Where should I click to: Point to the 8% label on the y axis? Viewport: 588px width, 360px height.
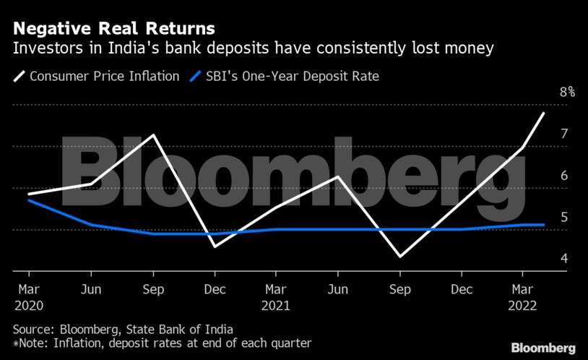tap(567, 92)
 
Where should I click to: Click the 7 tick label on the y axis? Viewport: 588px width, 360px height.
tap(564, 134)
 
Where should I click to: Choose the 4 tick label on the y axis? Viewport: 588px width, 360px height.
tap(564, 259)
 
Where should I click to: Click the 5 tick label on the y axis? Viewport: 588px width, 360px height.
tap(564, 217)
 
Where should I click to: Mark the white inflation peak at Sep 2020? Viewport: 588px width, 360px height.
tap(153, 135)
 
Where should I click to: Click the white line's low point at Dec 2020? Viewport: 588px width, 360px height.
tap(215, 247)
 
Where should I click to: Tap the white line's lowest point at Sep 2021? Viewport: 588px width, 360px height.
tap(399, 257)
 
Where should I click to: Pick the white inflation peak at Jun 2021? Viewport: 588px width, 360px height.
tap(337, 176)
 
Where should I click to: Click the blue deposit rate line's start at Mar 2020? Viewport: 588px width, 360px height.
tap(29, 200)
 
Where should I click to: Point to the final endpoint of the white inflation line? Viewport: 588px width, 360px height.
tap(543, 113)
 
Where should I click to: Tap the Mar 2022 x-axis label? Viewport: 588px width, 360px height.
tap(522, 296)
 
